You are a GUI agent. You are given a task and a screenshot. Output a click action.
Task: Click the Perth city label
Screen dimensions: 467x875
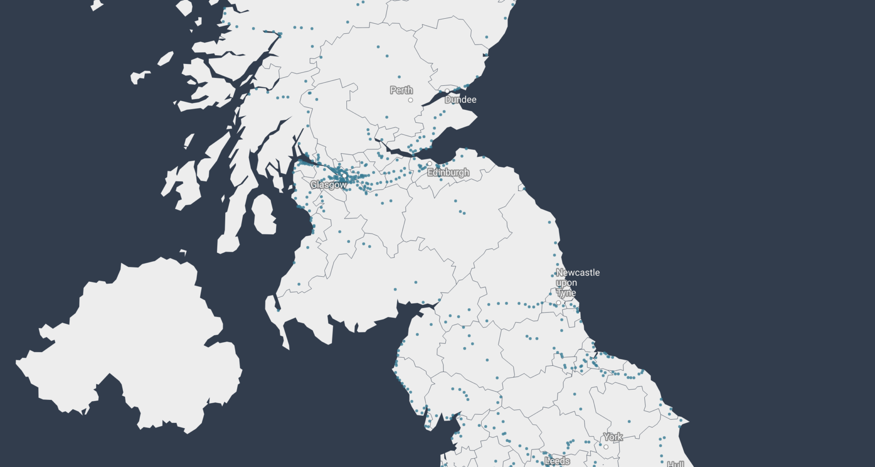401,90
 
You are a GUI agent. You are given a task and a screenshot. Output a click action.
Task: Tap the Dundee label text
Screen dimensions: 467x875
460,100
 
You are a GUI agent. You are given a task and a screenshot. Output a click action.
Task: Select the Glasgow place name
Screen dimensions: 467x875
328,185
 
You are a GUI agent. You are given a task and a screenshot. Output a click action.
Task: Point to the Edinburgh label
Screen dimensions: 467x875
448,172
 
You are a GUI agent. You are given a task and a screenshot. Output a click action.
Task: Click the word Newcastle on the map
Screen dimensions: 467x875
578,273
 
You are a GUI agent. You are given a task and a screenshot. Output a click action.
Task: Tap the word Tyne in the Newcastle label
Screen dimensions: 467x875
566,293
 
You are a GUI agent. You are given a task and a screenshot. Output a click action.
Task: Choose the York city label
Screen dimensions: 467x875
613,437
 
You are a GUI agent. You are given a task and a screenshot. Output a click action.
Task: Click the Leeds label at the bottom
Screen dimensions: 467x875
557,461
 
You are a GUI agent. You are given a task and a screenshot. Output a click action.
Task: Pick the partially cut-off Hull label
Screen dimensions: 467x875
675,464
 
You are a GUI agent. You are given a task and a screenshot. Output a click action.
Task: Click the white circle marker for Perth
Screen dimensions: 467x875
411,100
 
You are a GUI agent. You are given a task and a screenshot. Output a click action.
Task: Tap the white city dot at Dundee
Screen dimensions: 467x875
447,91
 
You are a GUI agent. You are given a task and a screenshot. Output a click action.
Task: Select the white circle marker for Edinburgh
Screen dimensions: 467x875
429,163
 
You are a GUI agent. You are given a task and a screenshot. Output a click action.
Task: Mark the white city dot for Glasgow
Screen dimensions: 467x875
345,176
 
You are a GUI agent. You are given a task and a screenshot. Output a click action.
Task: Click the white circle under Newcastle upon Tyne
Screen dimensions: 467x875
559,303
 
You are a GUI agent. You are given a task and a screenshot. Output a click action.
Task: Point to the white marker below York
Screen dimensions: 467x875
606,447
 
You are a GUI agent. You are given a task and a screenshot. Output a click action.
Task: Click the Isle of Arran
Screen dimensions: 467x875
264,214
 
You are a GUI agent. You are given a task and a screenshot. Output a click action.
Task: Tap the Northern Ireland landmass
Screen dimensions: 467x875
132,347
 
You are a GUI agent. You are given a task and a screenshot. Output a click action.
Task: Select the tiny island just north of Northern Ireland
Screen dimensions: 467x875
183,252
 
